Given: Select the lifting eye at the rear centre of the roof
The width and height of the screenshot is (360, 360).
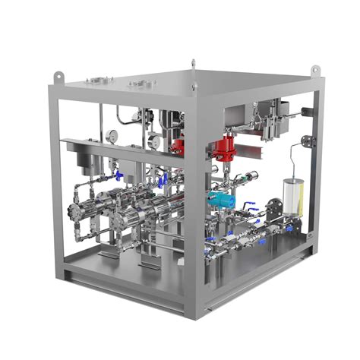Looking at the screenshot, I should click(194, 63).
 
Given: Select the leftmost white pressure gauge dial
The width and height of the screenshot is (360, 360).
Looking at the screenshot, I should click(112, 135).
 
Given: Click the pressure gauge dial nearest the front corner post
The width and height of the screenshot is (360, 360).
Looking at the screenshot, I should click(156, 140).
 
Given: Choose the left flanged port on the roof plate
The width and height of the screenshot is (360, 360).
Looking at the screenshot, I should click(96, 79).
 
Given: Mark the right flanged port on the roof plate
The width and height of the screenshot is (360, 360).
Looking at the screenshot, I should click(141, 82).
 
